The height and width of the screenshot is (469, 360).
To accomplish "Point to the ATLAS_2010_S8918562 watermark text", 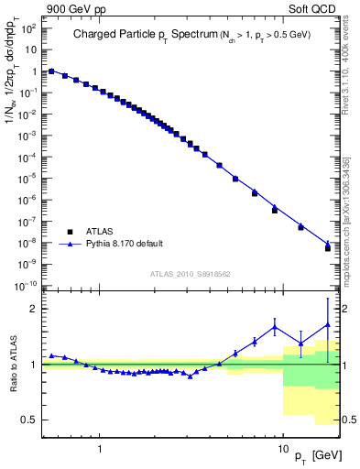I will pyautogui.click(x=191, y=274).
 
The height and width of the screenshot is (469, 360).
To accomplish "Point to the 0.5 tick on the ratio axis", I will pyautogui.click(x=32, y=420).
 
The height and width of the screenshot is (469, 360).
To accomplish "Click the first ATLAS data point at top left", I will pyautogui.click(x=51, y=71).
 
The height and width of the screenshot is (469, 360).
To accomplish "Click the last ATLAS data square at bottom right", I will pyautogui.click(x=328, y=248).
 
